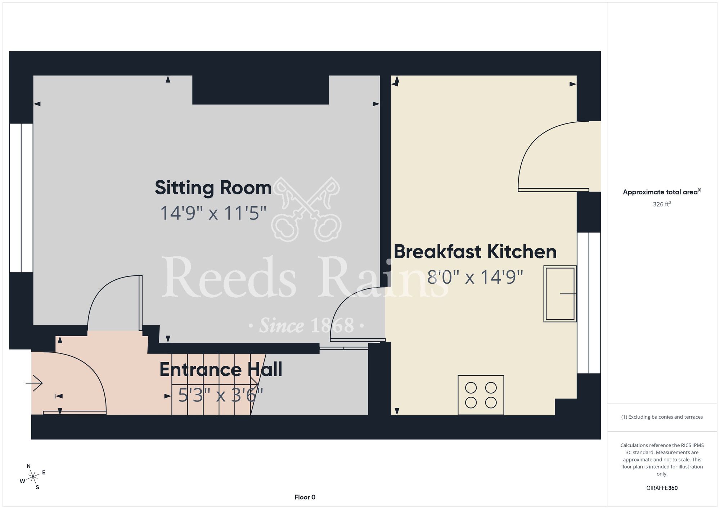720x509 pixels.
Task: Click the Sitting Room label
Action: pos(213,188)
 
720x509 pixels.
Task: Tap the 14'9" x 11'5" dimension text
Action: pos(213,213)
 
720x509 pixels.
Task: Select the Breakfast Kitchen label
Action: pos(475,252)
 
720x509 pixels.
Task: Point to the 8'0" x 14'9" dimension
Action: pos(475,277)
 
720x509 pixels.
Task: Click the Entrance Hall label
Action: pos(221,370)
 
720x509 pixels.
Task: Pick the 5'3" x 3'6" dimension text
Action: pos(221,395)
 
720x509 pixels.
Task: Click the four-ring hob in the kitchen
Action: pos(481,395)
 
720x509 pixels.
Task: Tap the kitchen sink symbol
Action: pos(560,294)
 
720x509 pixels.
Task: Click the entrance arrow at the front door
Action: pos(34,383)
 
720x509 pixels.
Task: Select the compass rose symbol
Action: pos(32,477)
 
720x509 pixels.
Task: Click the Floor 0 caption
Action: pos(305,497)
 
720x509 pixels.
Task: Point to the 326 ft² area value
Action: pos(662,204)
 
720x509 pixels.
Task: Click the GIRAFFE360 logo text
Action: pos(662,488)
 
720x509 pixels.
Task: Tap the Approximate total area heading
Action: pos(662,192)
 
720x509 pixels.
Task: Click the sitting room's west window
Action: pos(21,198)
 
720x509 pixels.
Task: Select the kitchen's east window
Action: pos(589,303)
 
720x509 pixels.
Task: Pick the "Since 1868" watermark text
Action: pos(307,325)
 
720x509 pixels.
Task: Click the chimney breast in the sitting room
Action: pos(261,90)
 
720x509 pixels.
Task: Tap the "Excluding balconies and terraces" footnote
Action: pos(662,417)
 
